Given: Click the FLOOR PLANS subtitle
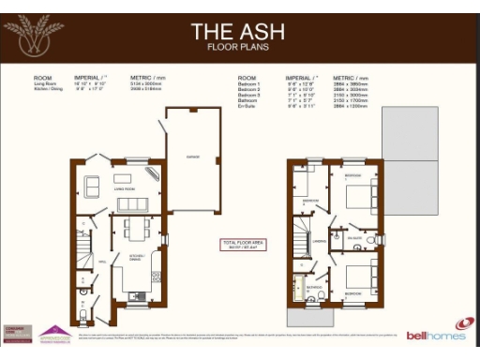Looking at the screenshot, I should pos(239,46).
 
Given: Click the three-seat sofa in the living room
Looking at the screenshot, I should pos(131,203).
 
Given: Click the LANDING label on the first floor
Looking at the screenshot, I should pos(318,241).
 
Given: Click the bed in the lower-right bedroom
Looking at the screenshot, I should pos(360,278).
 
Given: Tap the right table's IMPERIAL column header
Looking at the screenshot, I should pos(301,77).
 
